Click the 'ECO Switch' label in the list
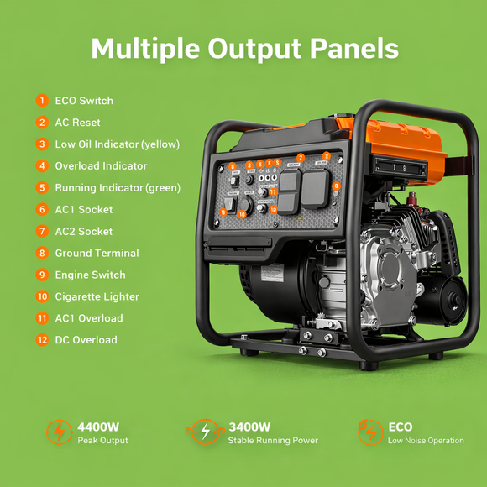[84, 101]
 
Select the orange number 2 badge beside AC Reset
[42, 123]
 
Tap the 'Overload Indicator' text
[101, 166]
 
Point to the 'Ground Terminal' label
[97, 253]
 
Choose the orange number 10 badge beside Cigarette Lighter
[42, 296]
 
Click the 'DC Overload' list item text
[86, 340]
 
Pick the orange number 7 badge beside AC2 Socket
[42, 231]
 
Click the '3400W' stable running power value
[249, 427]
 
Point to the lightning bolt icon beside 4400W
[59, 432]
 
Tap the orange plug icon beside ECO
[369, 432]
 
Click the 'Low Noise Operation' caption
[426, 441]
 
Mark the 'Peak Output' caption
[102, 441]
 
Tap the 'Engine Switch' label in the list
[90, 275]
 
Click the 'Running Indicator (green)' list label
[118, 188]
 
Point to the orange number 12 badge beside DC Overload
[42, 340]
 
